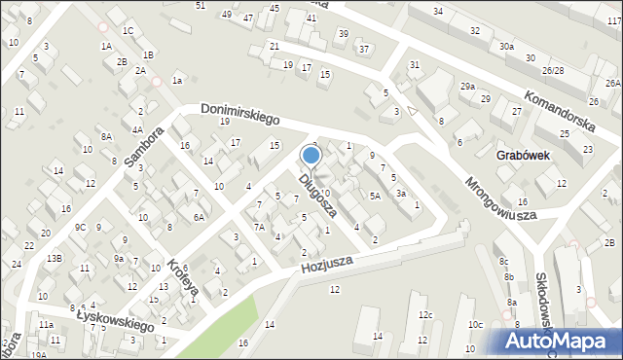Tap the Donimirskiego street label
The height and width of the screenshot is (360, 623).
tap(239, 114)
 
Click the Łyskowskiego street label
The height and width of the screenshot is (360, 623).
tap(114, 319)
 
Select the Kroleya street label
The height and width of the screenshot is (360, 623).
tap(182, 277)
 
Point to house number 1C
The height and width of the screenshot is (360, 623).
tap(128, 30)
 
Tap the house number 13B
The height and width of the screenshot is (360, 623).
tap(55, 258)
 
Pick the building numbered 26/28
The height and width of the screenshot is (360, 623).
tap(553, 71)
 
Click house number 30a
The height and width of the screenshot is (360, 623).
tap(506, 46)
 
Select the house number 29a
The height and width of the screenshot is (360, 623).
tap(468, 87)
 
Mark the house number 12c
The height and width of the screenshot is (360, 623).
tap(425, 315)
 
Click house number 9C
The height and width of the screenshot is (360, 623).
tap(80, 228)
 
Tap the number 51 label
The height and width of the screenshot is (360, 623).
tap(201, 6)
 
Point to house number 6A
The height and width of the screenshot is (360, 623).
tap(198, 217)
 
